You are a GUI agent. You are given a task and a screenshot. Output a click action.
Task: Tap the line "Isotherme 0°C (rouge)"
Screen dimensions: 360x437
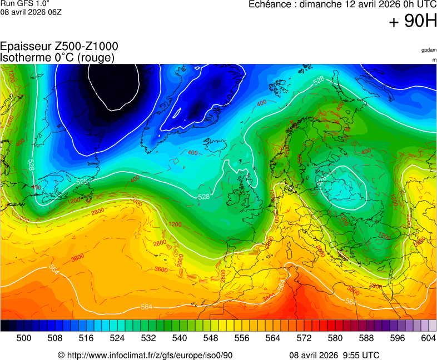[57, 57]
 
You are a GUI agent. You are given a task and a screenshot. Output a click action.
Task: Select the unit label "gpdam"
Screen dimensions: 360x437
[429, 50]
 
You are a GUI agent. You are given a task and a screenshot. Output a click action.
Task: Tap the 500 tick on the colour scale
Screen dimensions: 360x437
[24, 338]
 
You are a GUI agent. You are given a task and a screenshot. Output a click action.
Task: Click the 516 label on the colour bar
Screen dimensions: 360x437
[86, 338]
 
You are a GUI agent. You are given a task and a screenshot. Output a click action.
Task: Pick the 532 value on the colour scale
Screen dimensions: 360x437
[148, 338]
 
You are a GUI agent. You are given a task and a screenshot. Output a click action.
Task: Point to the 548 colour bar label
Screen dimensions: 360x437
[211, 338]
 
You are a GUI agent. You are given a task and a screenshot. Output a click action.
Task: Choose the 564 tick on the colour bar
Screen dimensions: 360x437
[273, 338]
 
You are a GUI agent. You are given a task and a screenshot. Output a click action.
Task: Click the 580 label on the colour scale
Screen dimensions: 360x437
[335, 338]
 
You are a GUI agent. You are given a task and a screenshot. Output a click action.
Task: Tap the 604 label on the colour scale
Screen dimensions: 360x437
[428, 338]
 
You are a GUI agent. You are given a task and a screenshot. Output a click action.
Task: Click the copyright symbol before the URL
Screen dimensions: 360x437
[61, 356]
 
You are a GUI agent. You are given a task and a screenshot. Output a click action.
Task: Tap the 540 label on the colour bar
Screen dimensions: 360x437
[180, 338]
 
